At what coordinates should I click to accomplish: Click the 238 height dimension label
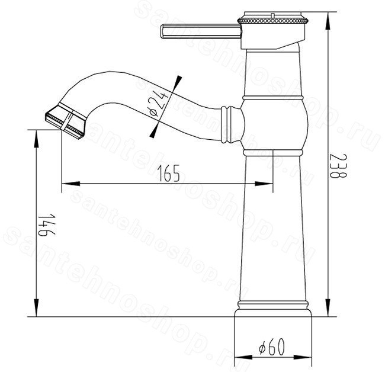(339, 166)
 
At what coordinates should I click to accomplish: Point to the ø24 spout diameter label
(159, 104)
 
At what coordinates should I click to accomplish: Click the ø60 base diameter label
(272, 347)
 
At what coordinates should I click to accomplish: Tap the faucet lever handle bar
(201, 31)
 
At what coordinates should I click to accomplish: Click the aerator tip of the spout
(66, 122)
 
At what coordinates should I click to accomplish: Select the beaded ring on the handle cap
(272, 20)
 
